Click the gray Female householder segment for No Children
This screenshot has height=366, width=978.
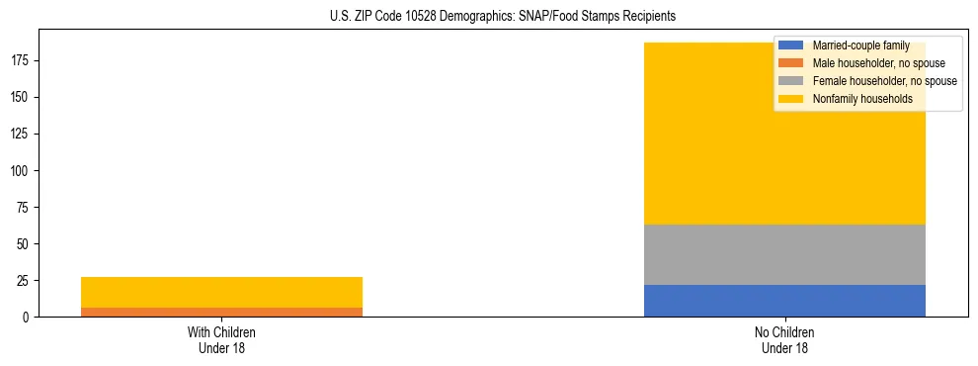coord(784,254)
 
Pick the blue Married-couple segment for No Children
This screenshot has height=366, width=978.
coord(784,301)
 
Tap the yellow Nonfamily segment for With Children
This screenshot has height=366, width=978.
coord(221,292)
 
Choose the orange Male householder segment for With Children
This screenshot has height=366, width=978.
coord(221,312)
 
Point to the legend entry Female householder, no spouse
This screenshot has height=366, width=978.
coord(884,81)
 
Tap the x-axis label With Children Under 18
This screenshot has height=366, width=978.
coord(221,339)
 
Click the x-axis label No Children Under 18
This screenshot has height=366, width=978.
coord(784,339)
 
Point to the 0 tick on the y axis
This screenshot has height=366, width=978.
coord(28,318)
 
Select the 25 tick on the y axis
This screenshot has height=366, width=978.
coord(25,281)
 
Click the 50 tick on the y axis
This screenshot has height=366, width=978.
coord(25,244)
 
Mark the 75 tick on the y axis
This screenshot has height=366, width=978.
coord(25,208)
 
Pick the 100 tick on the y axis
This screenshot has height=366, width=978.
coord(22,171)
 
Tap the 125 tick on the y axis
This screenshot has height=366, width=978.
coord(22,135)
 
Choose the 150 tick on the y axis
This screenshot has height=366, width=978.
coord(22,98)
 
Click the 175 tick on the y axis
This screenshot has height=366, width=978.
coord(22,61)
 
